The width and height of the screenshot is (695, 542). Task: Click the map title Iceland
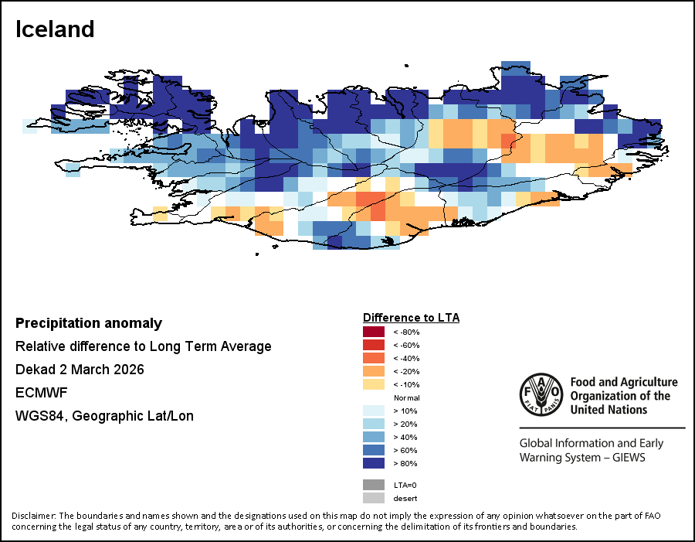[x=55, y=29]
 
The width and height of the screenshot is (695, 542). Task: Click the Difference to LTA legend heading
[x=411, y=318]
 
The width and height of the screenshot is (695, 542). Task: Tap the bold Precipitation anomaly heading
[x=89, y=323]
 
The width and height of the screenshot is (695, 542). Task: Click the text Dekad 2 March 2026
[x=80, y=370]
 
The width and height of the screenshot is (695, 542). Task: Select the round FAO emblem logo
[x=541, y=394]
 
